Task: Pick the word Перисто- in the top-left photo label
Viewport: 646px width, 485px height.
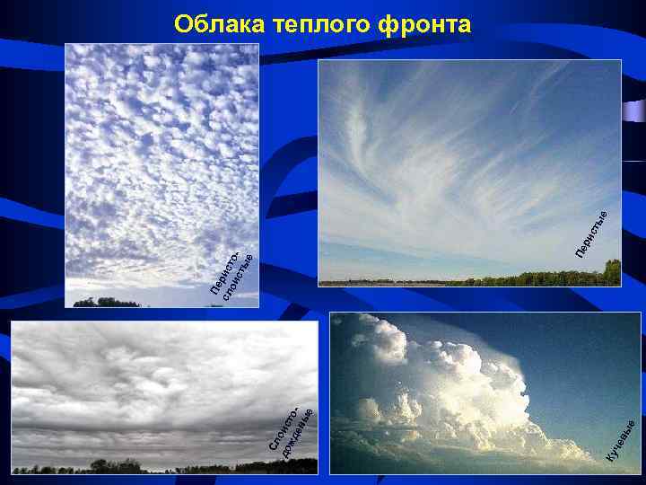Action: pyautogui.click(x=225, y=272)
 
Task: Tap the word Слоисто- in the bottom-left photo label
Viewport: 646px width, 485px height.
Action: pyautogui.click(x=285, y=428)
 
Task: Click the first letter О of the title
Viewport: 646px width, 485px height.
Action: pyautogui.click(x=182, y=24)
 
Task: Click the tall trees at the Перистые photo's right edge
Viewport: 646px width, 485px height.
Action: pyautogui.click(x=612, y=272)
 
